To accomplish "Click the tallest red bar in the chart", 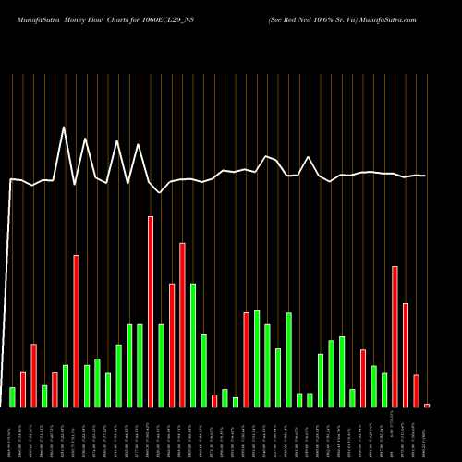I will click(x=151, y=311).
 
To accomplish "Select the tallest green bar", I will click(x=193, y=345).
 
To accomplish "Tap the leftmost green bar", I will click(x=13, y=396).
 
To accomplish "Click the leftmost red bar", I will click(x=23, y=389).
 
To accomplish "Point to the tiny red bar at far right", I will click(x=427, y=405).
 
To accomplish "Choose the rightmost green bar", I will click(x=384, y=389).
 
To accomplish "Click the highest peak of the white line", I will click(x=64, y=128).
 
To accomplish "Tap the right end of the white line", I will click(x=426, y=176).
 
